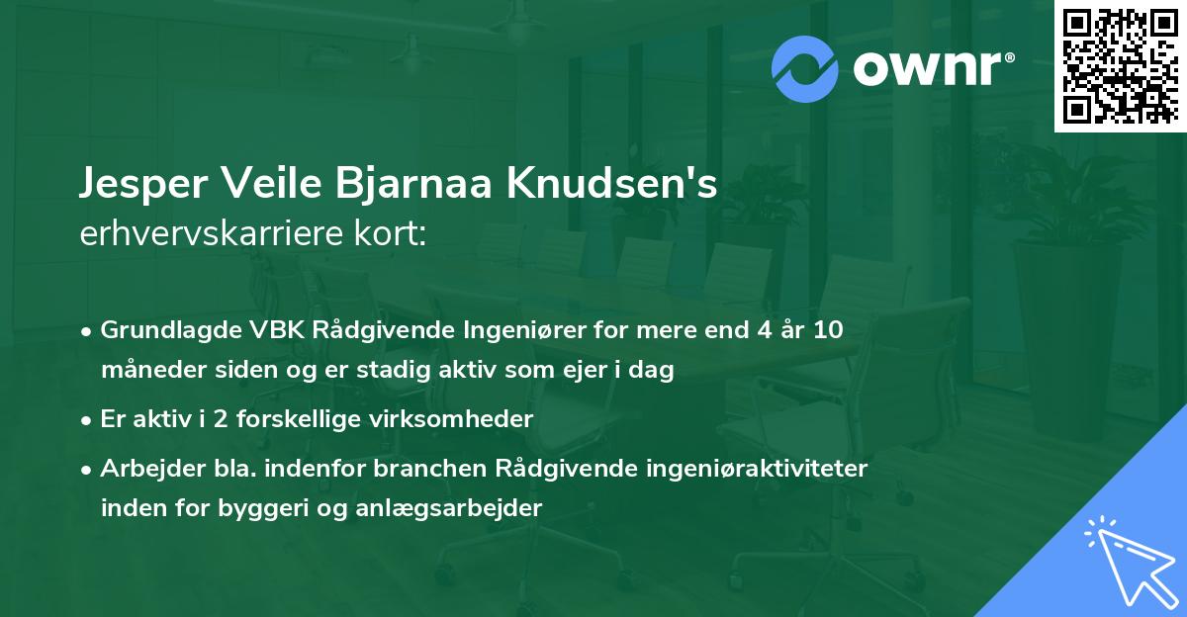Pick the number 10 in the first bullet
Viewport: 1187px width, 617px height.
click(824, 330)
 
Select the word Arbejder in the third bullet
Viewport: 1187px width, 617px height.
click(144, 468)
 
